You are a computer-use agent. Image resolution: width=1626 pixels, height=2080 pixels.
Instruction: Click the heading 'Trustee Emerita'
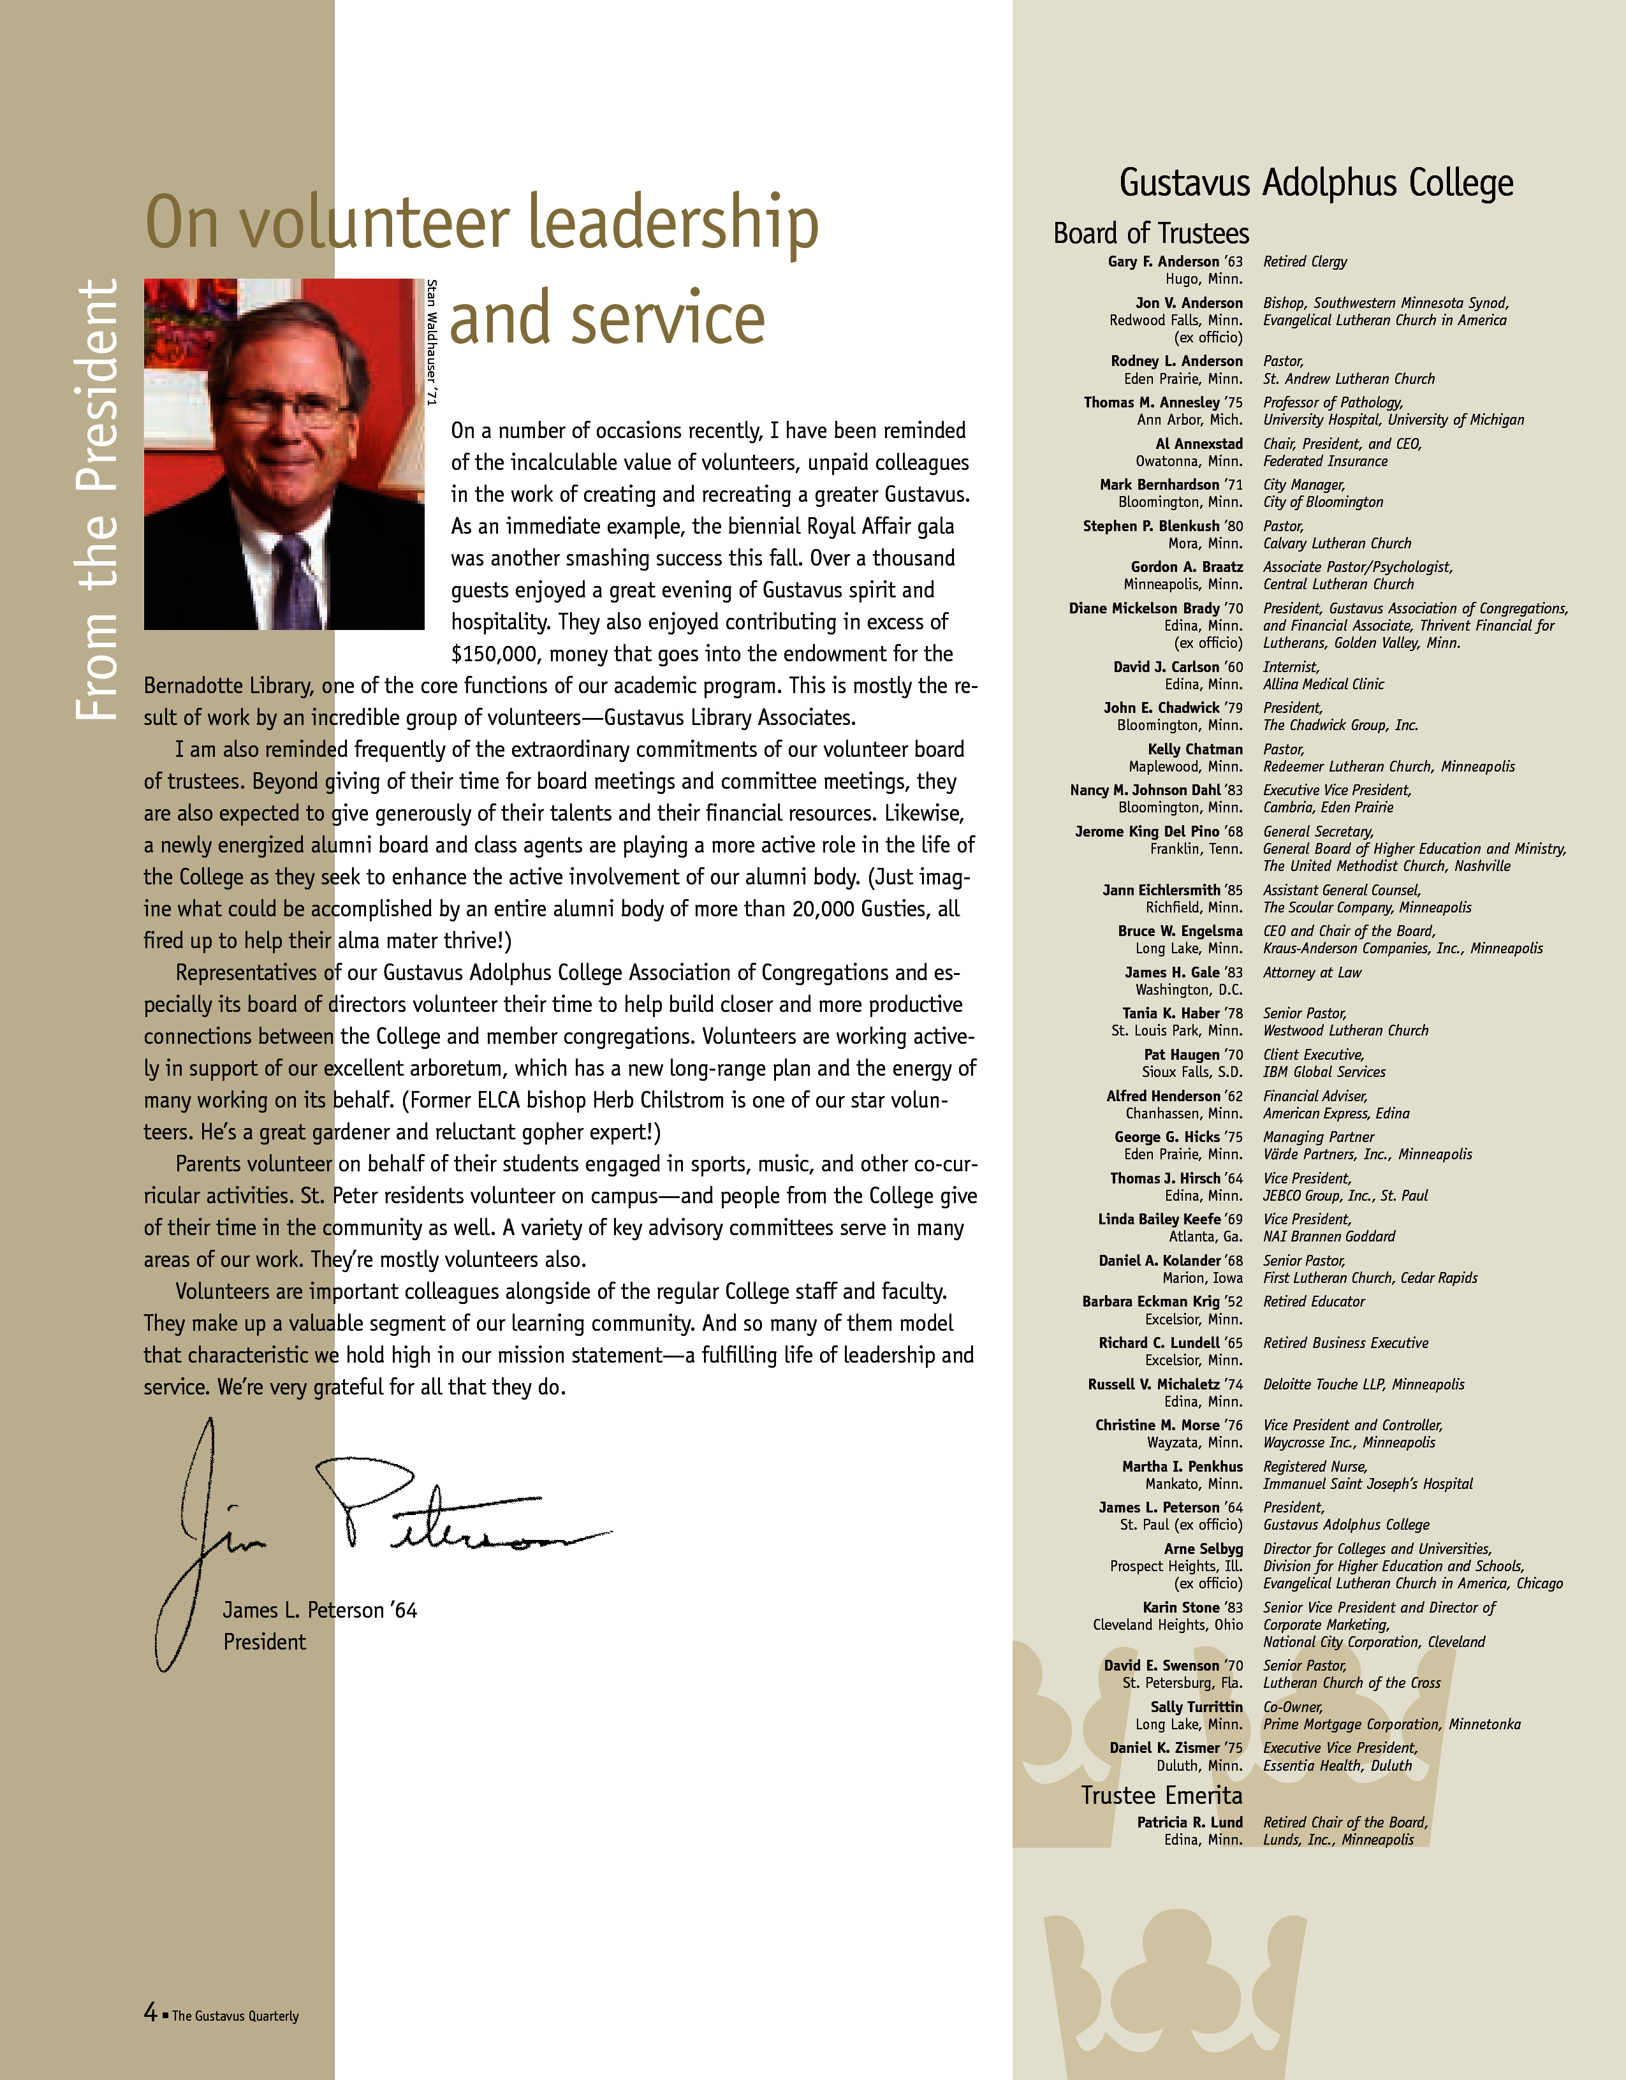click(x=1161, y=1795)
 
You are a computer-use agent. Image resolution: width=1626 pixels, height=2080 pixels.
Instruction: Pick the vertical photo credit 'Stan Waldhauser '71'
click(x=432, y=343)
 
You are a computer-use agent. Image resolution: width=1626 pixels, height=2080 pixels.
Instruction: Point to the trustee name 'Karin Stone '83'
click(x=1192, y=1608)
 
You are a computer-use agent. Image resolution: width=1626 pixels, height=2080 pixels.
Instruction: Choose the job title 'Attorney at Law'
click(x=1312, y=972)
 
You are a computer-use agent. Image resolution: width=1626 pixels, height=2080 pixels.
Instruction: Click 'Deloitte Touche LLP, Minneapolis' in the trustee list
click(x=1363, y=1384)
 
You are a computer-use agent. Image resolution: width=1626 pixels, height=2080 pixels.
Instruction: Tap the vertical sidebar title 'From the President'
click(x=96, y=499)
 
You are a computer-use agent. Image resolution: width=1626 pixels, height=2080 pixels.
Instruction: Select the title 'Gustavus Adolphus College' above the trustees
click(x=1315, y=183)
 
